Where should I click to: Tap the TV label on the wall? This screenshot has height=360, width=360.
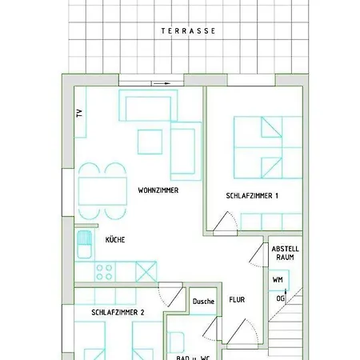(x=79, y=113)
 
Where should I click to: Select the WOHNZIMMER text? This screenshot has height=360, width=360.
(x=158, y=191)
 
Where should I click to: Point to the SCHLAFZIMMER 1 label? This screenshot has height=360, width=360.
(x=251, y=195)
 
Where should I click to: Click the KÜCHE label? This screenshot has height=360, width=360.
(x=114, y=239)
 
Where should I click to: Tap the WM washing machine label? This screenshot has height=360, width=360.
(x=277, y=280)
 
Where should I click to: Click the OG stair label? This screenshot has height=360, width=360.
(x=280, y=298)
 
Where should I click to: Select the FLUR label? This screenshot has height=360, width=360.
(x=236, y=300)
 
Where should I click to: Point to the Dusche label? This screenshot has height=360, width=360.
(x=203, y=302)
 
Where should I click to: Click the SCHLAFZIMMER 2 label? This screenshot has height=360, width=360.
(x=117, y=313)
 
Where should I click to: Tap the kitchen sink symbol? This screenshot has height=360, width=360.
(x=84, y=239)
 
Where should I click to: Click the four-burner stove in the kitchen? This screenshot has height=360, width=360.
(x=104, y=271)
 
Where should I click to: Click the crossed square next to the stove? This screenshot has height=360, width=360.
(x=146, y=270)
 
